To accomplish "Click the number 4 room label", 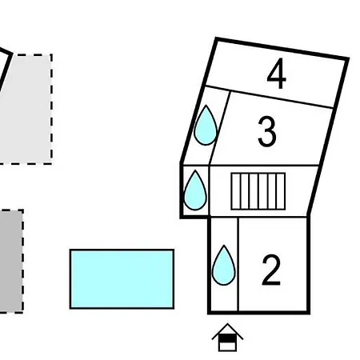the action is point(276,74).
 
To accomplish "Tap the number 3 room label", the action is point(267,131).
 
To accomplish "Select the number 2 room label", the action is point(271,270).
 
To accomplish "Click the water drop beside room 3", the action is point(206,126).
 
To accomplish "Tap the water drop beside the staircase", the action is point(195,190).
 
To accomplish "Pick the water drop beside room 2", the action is point(224,265).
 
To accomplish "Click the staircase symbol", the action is point(258,191).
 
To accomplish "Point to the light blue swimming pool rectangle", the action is point(122,279).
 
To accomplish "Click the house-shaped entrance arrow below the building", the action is point(227,338).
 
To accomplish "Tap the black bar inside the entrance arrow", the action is point(227,338).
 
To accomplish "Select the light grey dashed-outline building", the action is point(25,110).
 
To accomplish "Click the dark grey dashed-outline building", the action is point(11,262).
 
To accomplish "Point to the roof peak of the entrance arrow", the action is point(227,324).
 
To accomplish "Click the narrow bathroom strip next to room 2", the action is point(224,264).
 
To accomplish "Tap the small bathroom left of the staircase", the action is point(195,191).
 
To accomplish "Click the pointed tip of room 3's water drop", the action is point(206,106).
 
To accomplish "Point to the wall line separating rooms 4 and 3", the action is point(270,97).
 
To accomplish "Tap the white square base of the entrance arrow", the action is point(227,346).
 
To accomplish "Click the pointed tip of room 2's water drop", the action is point(224,246).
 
